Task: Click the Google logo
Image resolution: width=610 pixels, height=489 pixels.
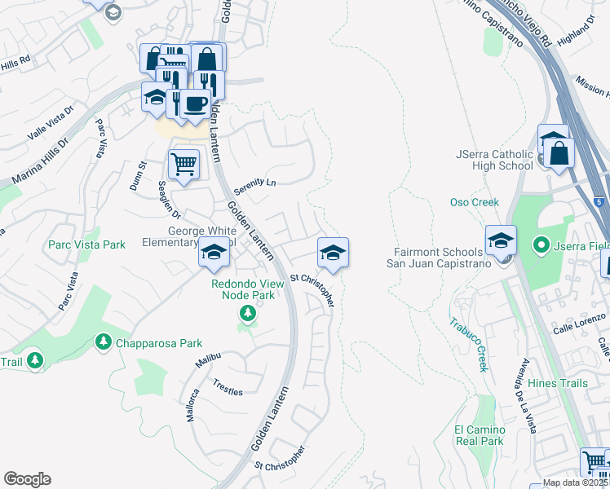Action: point(27,479)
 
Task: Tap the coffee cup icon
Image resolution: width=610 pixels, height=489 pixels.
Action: point(194,105)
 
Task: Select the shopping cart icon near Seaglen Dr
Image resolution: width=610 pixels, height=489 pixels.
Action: point(183,165)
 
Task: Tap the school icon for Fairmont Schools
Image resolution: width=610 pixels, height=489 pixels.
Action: point(500,240)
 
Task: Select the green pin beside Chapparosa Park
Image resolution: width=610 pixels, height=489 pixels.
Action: point(104,341)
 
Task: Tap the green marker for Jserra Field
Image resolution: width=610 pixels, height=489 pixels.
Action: point(539,244)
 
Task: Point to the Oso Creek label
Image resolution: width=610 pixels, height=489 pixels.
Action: point(474,202)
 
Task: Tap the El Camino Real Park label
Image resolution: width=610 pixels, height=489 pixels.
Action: point(480,435)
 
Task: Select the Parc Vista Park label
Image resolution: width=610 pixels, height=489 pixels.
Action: point(87,244)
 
